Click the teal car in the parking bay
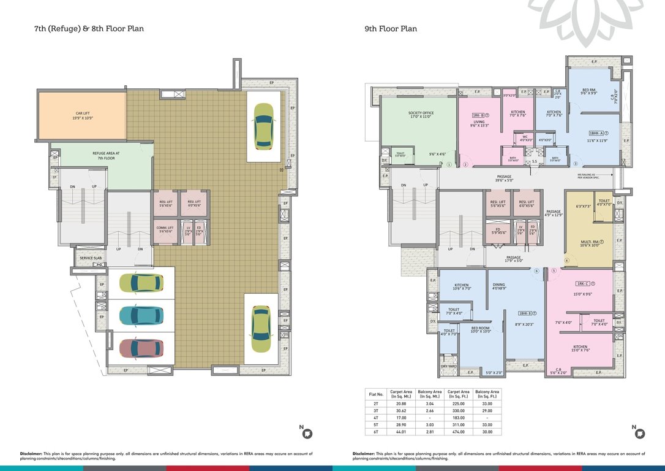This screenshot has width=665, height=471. [141, 315]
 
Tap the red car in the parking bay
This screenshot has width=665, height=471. [141, 348]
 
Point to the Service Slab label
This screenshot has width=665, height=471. [91, 258]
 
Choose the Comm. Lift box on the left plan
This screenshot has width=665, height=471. [165, 229]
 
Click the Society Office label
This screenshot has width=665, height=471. [421, 115]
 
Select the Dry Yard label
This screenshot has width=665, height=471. [448, 366]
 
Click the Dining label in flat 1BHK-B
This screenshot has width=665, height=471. [498, 286]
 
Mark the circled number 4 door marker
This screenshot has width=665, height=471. [566, 261]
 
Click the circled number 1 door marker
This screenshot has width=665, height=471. [449, 164]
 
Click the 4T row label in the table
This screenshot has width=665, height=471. [375, 418]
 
